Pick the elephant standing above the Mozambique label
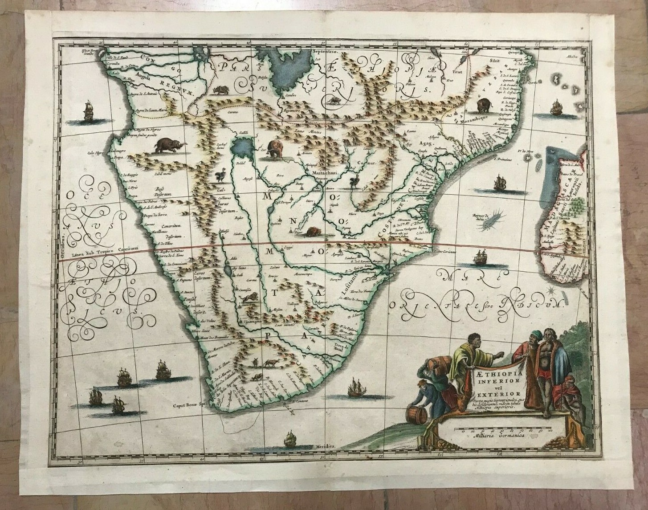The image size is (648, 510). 484,106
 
